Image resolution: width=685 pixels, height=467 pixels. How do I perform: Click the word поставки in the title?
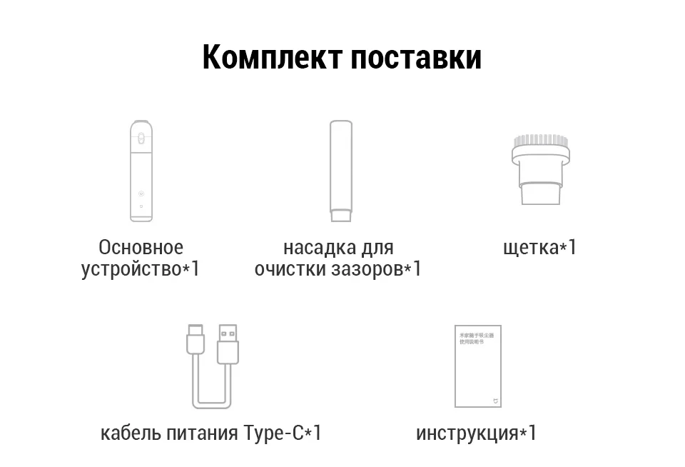pyautogui.click(x=415, y=57)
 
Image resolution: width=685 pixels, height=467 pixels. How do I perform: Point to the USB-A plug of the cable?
pyautogui.click(x=228, y=343)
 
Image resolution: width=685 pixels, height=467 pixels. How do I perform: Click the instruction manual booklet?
pyautogui.click(x=477, y=366)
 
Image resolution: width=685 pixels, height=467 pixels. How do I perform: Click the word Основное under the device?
pyautogui.click(x=141, y=248)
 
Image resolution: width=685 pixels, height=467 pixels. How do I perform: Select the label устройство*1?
pyautogui.click(x=141, y=269)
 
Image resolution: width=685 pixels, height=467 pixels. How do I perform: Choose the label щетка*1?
pyautogui.click(x=539, y=248)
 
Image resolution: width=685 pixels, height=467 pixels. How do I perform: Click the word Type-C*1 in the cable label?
pyautogui.click(x=283, y=433)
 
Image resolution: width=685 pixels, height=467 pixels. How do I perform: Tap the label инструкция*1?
pyautogui.click(x=476, y=433)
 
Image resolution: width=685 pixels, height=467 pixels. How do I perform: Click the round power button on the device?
pyautogui.click(x=141, y=194)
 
